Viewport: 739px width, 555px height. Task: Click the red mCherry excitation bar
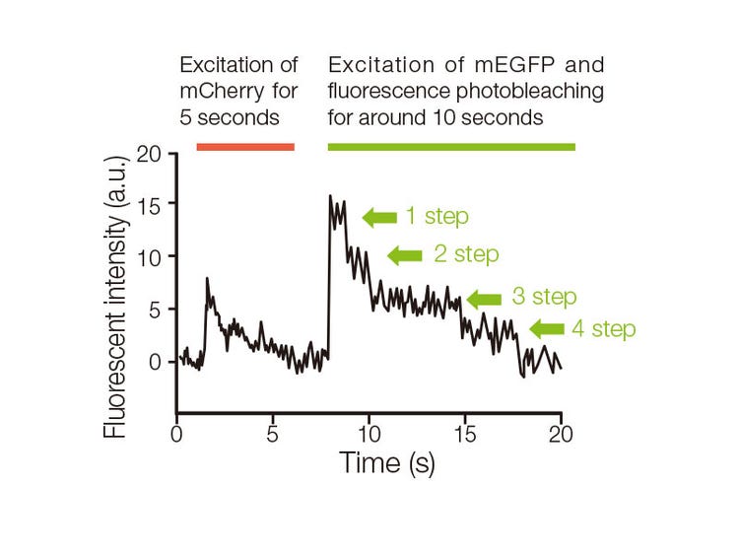tap(245, 147)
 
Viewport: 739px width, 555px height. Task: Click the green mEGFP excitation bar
tap(451, 147)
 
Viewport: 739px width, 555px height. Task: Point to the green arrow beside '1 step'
tap(379, 217)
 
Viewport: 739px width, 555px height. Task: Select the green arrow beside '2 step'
tap(404, 255)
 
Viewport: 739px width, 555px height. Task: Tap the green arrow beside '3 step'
tap(484, 299)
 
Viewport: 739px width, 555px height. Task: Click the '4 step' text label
tap(604, 329)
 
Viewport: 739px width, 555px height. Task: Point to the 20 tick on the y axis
tap(149, 153)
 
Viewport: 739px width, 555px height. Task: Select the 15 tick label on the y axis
tap(149, 204)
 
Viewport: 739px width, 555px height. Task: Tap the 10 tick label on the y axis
tap(149, 255)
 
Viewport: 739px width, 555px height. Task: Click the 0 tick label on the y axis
tap(156, 361)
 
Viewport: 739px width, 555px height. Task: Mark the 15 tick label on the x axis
tap(465, 434)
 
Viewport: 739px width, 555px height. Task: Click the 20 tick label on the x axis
tap(562, 434)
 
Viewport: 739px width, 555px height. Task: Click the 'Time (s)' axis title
tap(386, 462)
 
